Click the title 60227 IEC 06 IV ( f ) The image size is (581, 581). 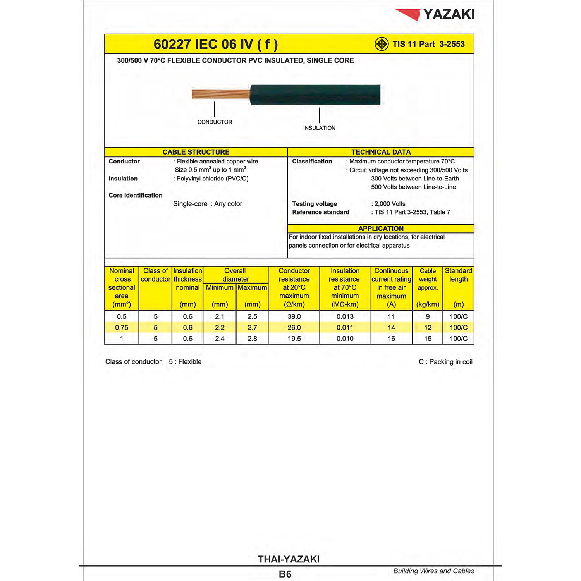[216, 44]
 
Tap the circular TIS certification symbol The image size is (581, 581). [382, 44]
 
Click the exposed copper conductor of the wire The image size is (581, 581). [221, 94]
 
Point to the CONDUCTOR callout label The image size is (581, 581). [215, 122]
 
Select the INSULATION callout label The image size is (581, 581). [319, 128]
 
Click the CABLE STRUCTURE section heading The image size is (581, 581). [196, 152]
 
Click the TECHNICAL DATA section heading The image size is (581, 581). [381, 152]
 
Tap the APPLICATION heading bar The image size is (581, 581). [381, 229]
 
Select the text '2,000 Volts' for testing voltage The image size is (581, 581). [390, 204]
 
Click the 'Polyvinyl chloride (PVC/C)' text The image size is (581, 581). [212, 179]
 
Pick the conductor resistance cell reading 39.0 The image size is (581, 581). [294, 316]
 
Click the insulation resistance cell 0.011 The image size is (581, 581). [345, 328]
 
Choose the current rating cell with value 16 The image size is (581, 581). [391, 339]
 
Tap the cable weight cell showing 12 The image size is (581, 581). [428, 328]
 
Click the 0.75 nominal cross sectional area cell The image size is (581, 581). [122, 328]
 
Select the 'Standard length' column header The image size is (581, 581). [458, 275]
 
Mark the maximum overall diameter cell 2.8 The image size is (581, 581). [252, 339]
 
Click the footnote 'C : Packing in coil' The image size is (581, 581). [445, 362]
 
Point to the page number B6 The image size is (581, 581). [285, 574]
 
